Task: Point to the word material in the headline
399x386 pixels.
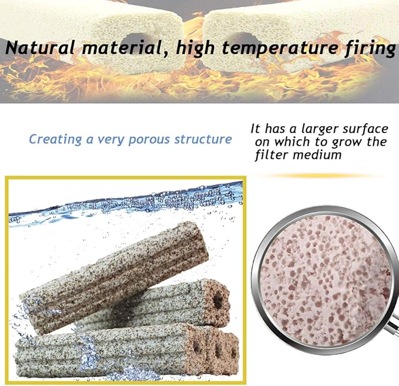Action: click(117, 48)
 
